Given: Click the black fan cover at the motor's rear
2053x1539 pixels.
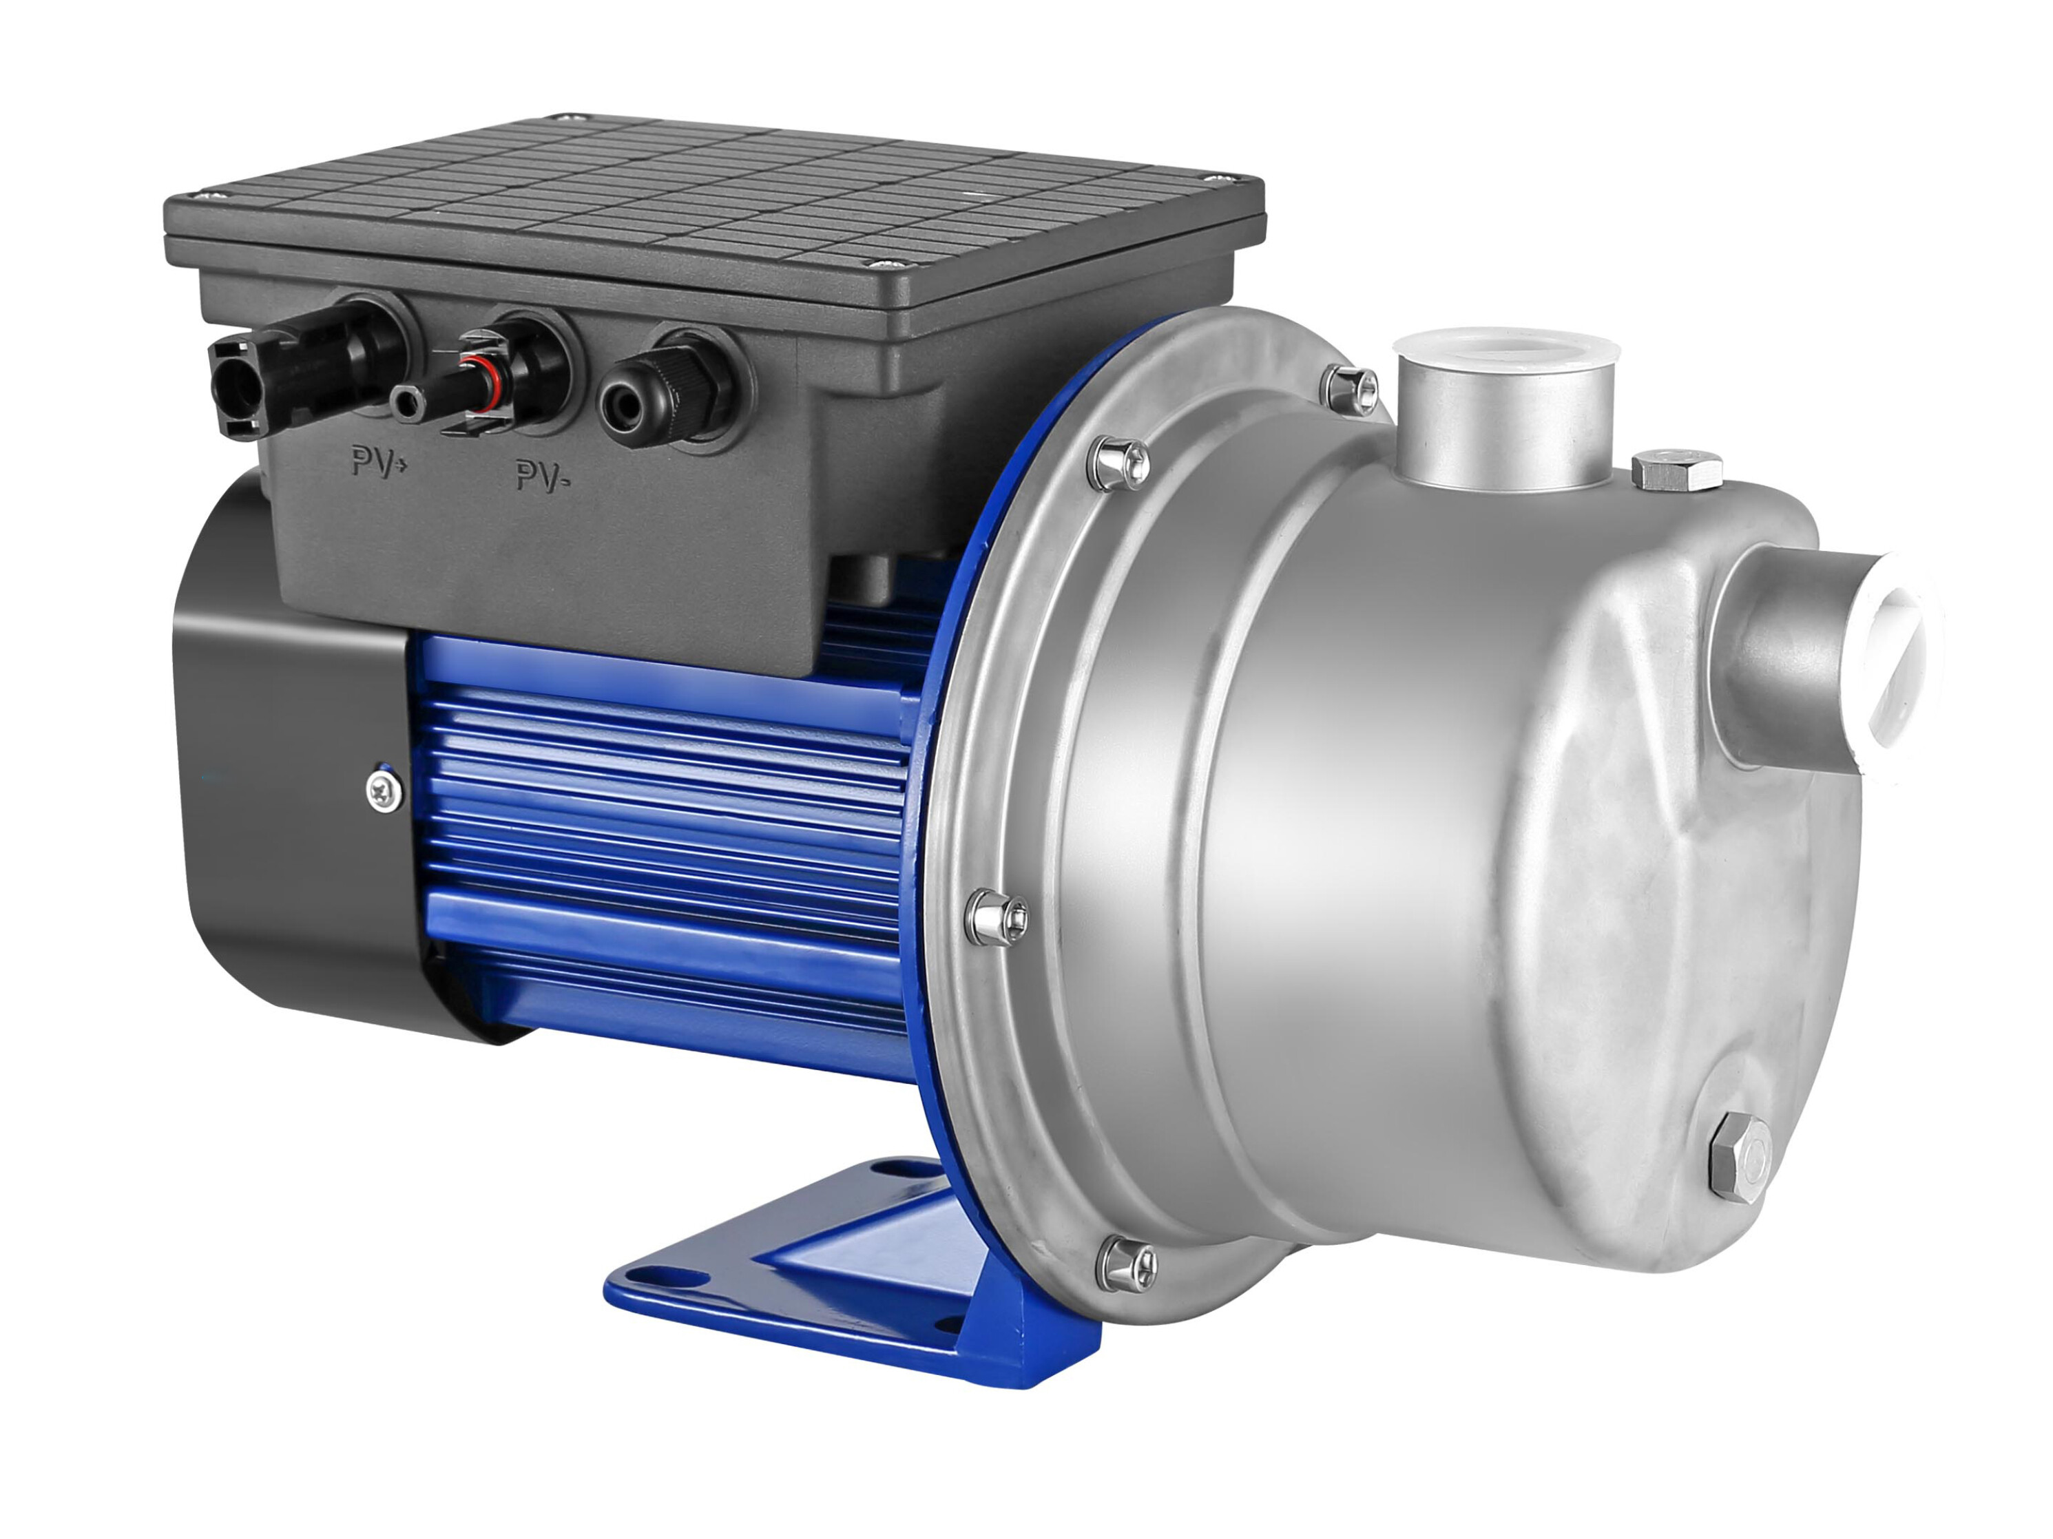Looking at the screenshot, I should [x=278, y=771].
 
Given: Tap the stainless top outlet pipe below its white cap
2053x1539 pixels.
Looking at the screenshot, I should [x=1503, y=427].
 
